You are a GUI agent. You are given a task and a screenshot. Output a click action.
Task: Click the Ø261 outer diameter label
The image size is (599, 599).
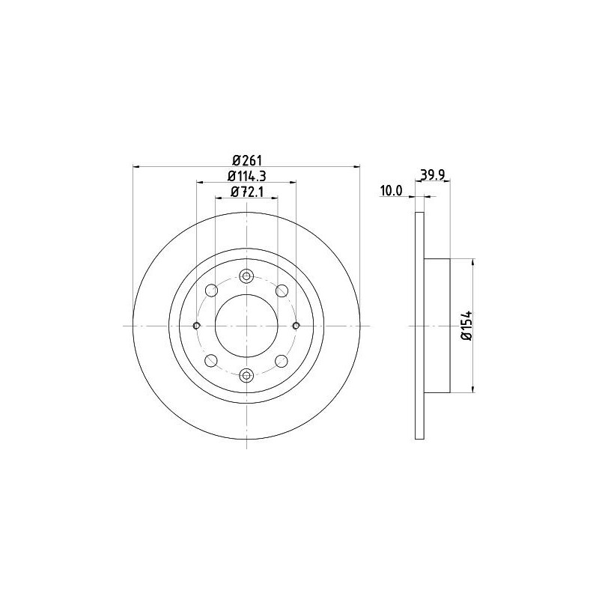[246, 159]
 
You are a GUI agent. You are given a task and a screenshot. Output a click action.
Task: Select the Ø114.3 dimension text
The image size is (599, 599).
[246, 176]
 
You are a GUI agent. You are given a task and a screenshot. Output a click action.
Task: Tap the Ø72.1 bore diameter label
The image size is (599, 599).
[247, 192]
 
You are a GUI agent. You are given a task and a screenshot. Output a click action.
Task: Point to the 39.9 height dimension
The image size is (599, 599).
[432, 174]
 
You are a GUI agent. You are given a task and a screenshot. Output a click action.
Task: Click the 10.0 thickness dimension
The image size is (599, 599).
[391, 191]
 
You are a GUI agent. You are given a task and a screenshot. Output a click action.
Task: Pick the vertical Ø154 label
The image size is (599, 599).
[466, 326]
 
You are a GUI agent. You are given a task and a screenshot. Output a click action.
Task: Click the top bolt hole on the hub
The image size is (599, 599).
[246, 276]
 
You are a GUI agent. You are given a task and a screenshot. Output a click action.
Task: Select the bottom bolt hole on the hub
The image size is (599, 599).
[246, 376]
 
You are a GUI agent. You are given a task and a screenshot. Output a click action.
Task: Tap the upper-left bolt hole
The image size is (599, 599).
[211, 291]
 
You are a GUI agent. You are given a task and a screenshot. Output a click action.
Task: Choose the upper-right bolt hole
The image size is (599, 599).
[282, 291]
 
